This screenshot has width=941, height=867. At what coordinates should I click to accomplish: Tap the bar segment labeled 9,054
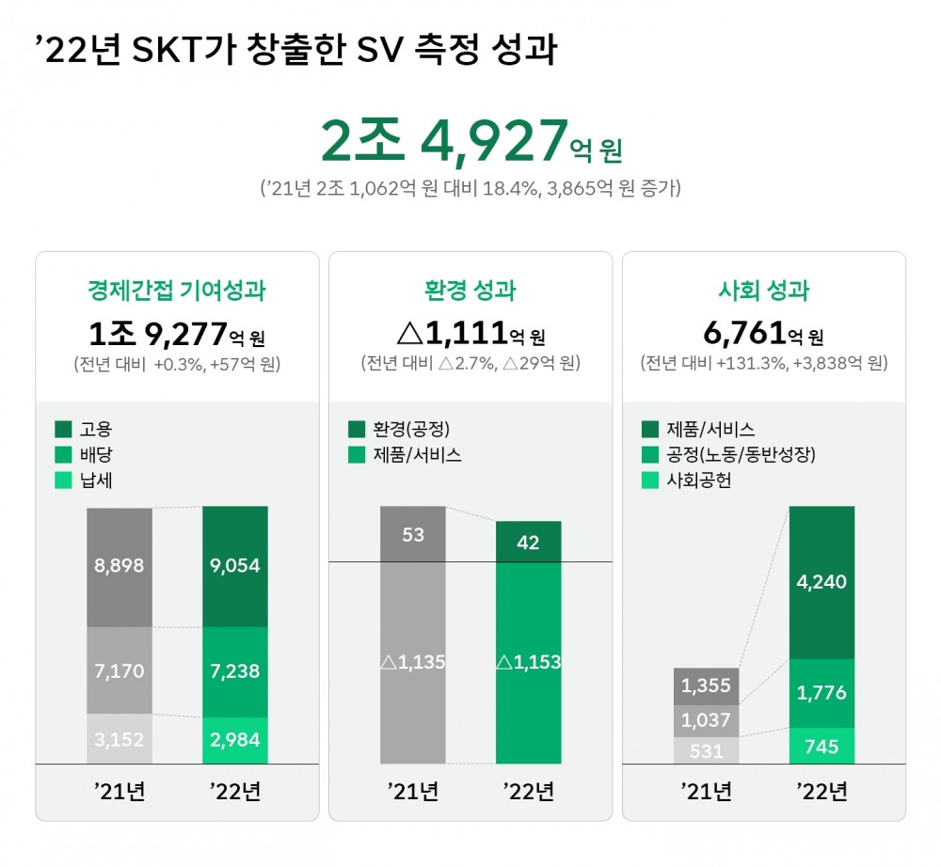tap(235, 566)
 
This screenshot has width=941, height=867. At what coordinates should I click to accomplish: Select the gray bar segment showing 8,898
tap(120, 566)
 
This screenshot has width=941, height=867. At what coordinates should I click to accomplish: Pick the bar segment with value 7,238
tap(235, 671)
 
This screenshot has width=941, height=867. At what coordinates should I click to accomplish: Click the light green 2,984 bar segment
tap(235, 740)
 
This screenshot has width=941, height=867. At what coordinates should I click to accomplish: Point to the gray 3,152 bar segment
tap(120, 739)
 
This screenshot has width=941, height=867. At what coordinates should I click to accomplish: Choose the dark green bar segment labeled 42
tap(529, 542)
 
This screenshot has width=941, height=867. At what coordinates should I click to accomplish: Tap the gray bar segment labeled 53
tap(413, 534)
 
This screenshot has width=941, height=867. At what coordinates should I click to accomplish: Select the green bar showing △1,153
tap(529, 662)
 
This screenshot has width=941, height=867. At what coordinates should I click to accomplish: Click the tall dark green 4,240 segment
tap(821, 582)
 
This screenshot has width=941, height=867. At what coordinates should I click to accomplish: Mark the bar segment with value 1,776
tap(821, 693)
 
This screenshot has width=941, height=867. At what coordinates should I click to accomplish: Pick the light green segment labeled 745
tap(821, 746)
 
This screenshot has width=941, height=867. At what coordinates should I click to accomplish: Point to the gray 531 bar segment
tap(706, 749)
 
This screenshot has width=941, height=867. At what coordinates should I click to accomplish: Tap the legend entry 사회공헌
tap(697, 481)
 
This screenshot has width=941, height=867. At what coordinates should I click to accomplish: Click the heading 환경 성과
tap(470, 291)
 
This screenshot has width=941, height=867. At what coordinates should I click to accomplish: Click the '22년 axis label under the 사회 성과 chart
tap(821, 792)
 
